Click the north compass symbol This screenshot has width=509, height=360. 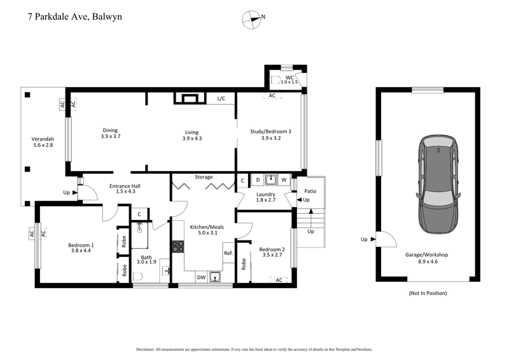(x=251, y=20)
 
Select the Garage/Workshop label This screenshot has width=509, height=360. (x=426, y=254)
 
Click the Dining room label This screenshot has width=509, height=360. (x=111, y=131)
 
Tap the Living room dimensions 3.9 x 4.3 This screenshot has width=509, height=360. (x=192, y=138)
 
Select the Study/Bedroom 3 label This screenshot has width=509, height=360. (x=270, y=132)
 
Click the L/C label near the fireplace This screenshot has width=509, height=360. (x=221, y=99)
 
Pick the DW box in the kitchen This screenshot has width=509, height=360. (x=200, y=277)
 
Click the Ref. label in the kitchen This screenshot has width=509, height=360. (x=228, y=253)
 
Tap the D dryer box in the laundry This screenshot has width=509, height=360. (x=257, y=180)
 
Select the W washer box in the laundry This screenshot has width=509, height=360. (x=284, y=180)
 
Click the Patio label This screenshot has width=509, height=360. (x=310, y=190)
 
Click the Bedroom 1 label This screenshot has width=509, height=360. (x=81, y=245)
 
